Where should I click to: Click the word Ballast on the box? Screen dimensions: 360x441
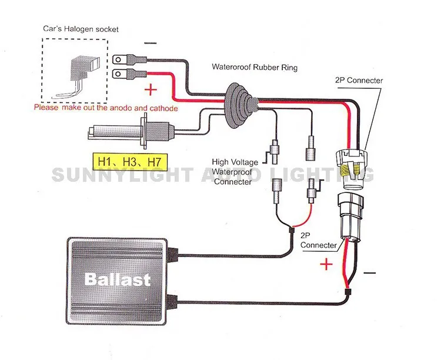click(x=118, y=279)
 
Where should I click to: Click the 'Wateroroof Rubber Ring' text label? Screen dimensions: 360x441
click(x=255, y=67)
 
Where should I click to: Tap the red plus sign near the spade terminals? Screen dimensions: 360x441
click(x=151, y=90)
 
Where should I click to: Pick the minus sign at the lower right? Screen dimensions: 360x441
click(x=369, y=273)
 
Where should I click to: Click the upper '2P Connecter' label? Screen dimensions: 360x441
click(x=358, y=81)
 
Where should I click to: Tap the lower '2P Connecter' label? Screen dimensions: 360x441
click(x=318, y=240)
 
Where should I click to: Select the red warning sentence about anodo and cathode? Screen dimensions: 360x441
click(x=106, y=108)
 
